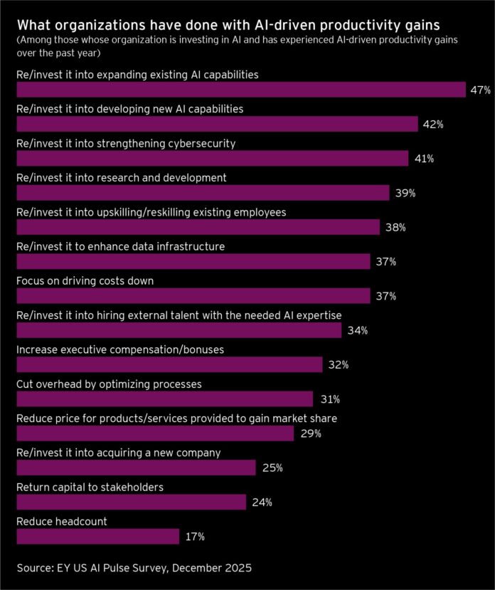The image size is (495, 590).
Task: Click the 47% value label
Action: (479, 90)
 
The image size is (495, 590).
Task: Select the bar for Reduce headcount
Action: (97, 536)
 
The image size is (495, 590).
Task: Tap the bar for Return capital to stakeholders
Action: (131, 502)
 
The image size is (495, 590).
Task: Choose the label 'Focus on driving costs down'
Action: (85, 280)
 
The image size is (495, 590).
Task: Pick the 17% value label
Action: (194, 537)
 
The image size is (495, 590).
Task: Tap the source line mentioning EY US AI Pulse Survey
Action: (134, 568)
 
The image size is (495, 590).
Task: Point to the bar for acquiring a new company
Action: (135, 468)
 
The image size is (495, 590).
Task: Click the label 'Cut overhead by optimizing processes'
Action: (109, 384)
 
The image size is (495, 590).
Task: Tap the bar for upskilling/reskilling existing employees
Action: (198, 228)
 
